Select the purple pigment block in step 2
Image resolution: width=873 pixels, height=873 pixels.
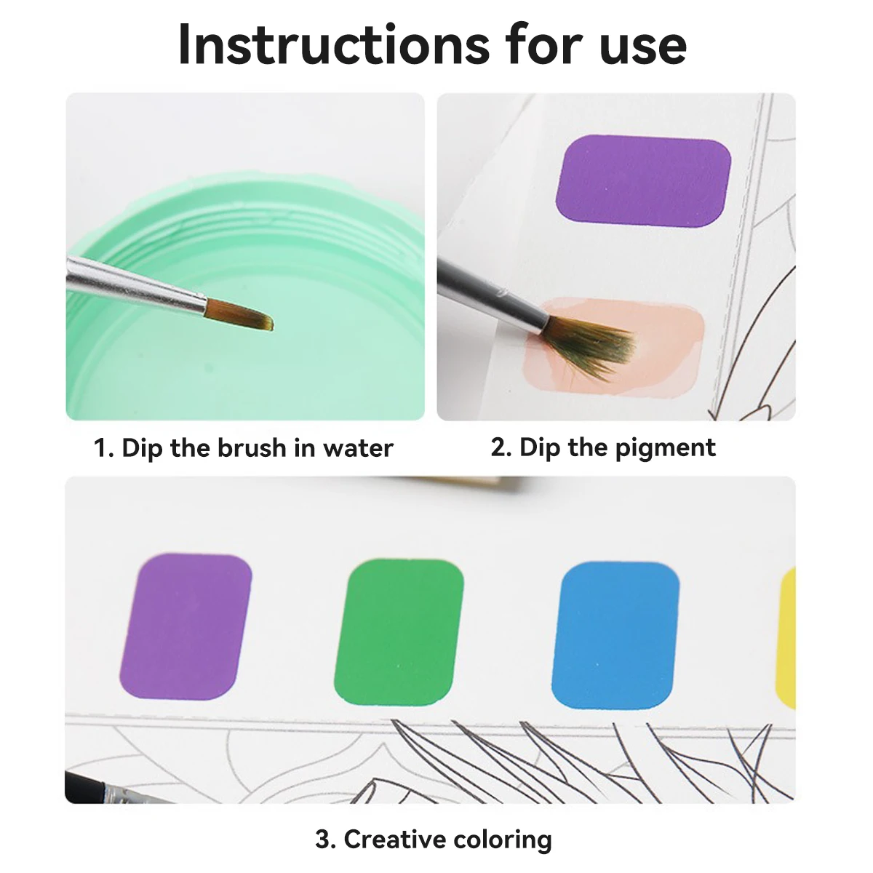click(643, 178)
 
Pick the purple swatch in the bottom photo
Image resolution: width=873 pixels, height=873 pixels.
click(186, 626)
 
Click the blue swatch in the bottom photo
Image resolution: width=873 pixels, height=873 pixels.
click(615, 634)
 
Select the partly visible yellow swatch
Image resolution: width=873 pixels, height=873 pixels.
click(786, 637)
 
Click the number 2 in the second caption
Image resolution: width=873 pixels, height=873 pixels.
click(499, 447)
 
